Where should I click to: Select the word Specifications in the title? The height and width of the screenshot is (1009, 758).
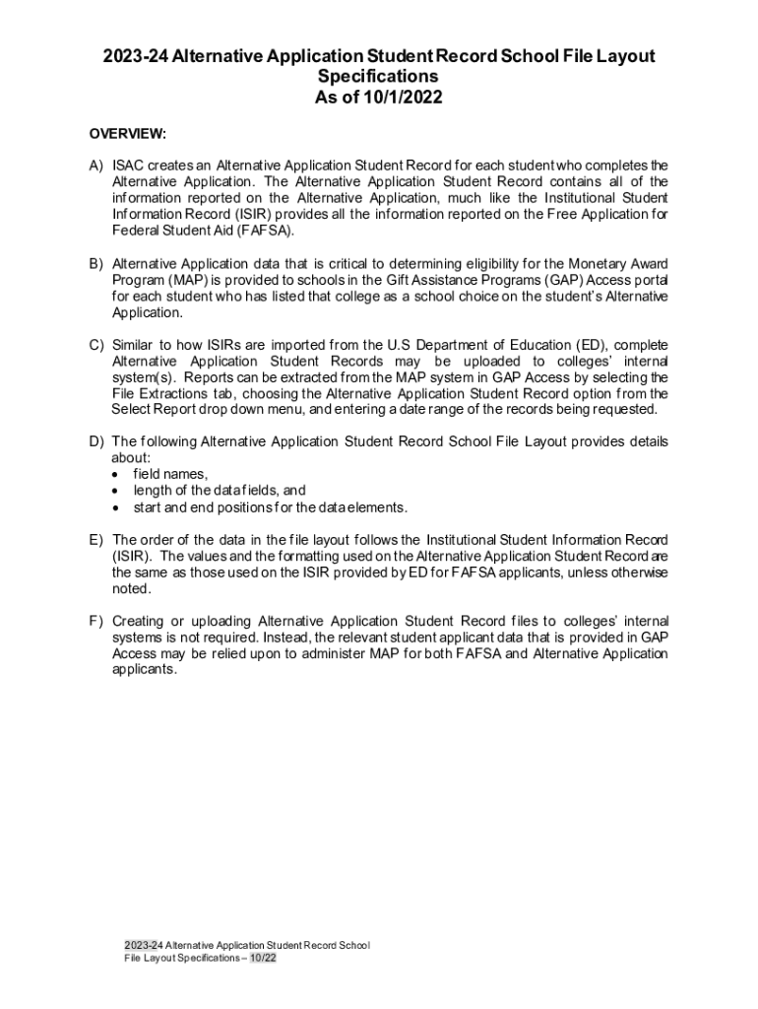point(379,77)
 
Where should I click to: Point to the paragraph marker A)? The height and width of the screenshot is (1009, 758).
point(95,165)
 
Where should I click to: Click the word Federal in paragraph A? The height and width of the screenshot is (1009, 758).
point(137,231)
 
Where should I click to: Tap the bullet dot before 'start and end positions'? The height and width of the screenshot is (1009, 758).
point(117,507)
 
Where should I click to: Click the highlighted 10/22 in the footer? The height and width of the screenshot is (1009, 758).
point(263,958)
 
